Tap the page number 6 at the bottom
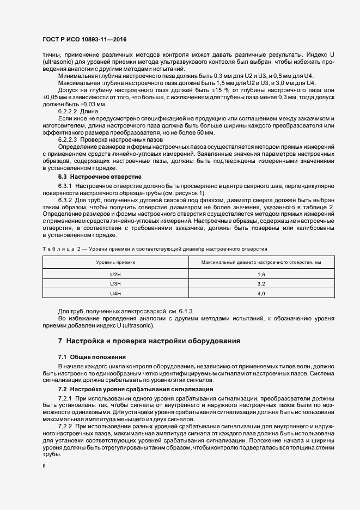pyautogui.click(x=44, y=466)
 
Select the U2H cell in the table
pyautogui.click(x=115, y=275)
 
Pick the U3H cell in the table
pyautogui.click(x=115, y=284)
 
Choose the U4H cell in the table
pyautogui.click(x=115, y=294)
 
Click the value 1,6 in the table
pyautogui.click(x=260, y=275)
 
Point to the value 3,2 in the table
pyautogui.click(x=260, y=284)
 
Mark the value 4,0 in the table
pyautogui.click(x=260, y=294)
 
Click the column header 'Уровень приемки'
pyautogui.click(x=115, y=262)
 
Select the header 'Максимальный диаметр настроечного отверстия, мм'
pyautogui.click(x=260, y=262)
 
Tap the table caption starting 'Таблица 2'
pyautogui.click(x=154, y=248)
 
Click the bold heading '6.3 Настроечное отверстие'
pyautogui.click(x=100, y=177)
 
